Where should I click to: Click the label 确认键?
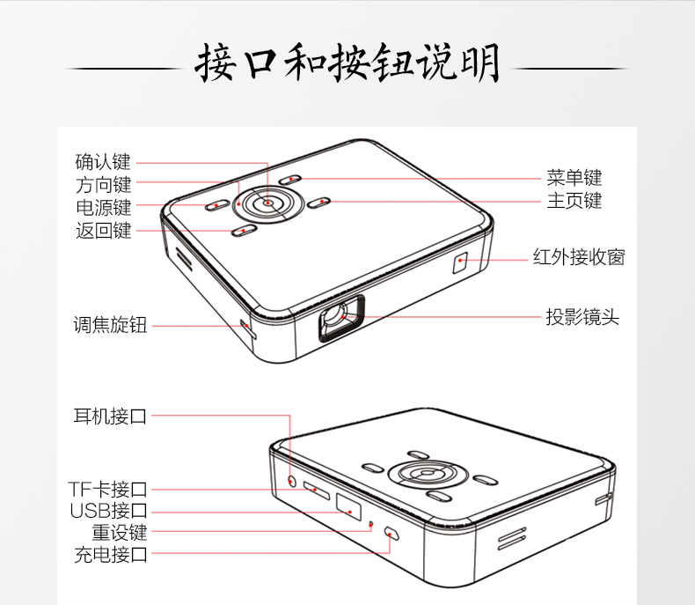coord(103,162)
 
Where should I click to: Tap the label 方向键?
coord(103,185)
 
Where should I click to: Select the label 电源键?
coord(103,208)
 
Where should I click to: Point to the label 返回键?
coord(103,231)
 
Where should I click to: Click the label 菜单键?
coord(574,178)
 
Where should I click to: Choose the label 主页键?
coord(574,201)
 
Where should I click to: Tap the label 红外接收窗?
coord(579,257)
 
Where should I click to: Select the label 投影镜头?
coord(582,317)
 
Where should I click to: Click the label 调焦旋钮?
coord(110,325)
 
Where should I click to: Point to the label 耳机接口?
coord(110,416)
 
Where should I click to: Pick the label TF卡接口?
coord(107,490)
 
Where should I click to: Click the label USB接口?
coord(108,511)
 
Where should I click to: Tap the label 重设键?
coord(120,532)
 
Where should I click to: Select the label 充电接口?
coord(110,555)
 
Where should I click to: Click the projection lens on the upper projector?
coord(341,318)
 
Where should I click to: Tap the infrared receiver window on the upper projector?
coord(460,262)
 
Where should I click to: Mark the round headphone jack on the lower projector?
coord(292,480)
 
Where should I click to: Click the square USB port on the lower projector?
coord(348,506)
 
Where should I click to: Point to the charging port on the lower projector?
coord(391,533)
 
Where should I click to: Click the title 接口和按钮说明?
coord(347,63)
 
